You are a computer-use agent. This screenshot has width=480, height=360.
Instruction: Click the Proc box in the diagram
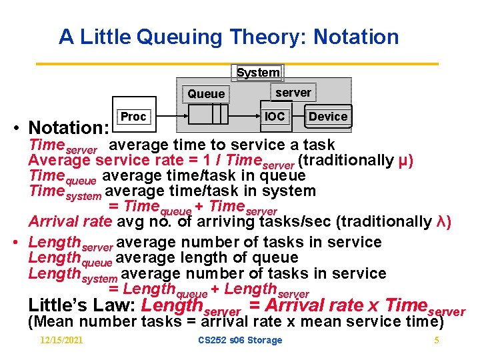click(x=133, y=117)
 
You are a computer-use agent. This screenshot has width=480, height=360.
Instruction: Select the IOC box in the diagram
click(x=275, y=117)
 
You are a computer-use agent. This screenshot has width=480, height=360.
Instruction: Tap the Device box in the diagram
click(x=328, y=117)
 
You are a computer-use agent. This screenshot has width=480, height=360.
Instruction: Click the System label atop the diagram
click(x=259, y=73)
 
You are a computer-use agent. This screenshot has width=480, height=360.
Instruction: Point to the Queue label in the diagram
click(x=206, y=94)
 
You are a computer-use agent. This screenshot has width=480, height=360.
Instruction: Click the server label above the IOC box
click(x=293, y=92)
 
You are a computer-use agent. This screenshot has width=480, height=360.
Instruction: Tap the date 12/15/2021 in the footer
click(x=61, y=341)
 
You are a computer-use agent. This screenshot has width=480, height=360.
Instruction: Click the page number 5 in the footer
click(x=436, y=341)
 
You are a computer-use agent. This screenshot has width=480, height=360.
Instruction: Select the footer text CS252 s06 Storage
click(x=240, y=341)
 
